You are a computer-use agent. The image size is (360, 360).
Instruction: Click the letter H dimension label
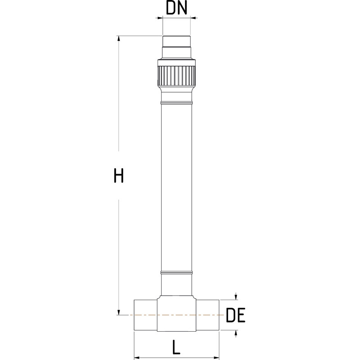pyautogui.click(x=118, y=175)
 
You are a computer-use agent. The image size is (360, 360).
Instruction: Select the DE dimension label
pyautogui.click(x=235, y=315)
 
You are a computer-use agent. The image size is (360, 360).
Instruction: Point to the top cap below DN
pyautogui.click(x=176, y=45)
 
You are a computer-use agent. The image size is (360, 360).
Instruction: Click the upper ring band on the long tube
pyautogui.click(x=176, y=104)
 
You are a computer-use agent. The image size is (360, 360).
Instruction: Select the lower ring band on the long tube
pyautogui.click(x=176, y=273)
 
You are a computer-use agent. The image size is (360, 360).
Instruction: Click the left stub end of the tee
pyautogui.click(x=145, y=315)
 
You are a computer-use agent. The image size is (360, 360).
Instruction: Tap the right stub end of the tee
pyautogui.click(x=207, y=315)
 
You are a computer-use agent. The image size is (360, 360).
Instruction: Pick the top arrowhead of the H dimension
pyautogui.click(x=119, y=39)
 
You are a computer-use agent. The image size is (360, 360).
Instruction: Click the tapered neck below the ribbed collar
pyautogui.click(x=176, y=94)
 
